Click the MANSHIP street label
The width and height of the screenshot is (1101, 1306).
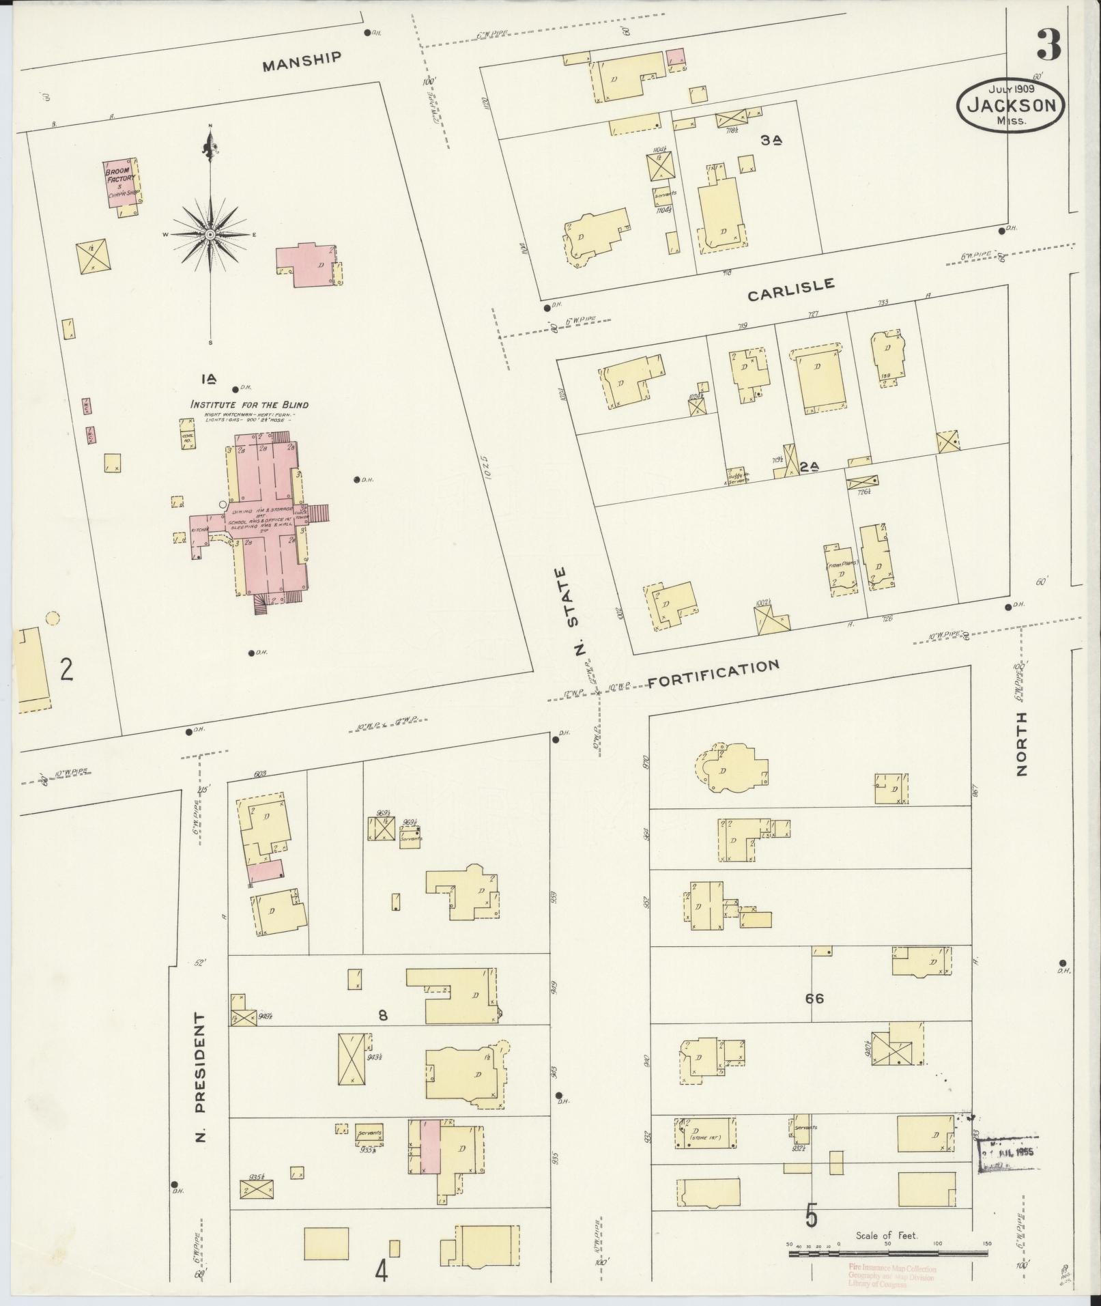[302, 61]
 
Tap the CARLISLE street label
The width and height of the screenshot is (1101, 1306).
[790, 289]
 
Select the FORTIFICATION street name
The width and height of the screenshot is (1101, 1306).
[713, 674]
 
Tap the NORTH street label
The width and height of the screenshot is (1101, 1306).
[1021, 743]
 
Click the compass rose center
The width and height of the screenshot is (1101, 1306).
[211, 235]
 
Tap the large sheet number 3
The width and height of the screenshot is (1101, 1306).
[1048, 45]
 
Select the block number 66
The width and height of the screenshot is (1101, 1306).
[814, 998]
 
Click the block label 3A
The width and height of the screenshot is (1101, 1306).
[771, 140]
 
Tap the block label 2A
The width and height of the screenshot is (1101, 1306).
[809, 468]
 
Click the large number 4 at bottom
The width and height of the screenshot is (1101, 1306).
[381, 1270]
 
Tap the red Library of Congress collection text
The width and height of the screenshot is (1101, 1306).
[891, 1277]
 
